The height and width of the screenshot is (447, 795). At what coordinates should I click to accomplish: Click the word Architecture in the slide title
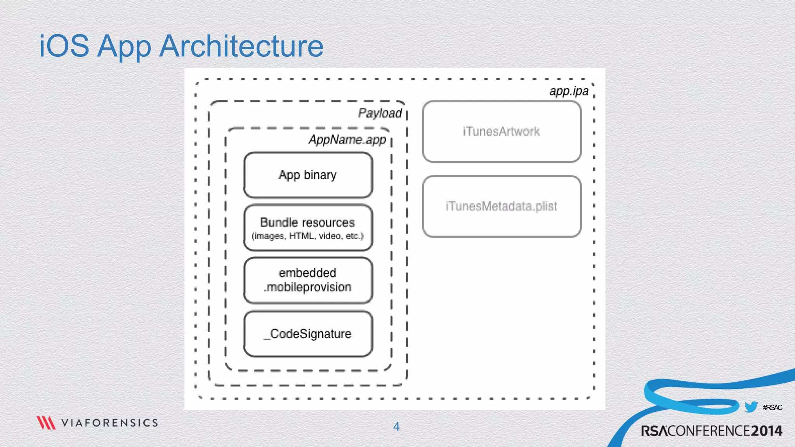tap(241, 46)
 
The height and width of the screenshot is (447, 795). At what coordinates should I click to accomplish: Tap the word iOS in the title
tap(64, 46)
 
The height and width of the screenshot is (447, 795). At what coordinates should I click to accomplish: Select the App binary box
tap(308, 175)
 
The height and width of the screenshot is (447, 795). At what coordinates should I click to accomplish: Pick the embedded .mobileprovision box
tap(308, 280)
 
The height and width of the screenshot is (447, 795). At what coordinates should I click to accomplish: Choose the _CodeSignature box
tap(308, 334)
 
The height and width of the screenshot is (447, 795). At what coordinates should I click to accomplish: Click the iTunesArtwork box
tap(502, 132)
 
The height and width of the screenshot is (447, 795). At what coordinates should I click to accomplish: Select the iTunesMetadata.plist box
tap(502, 206)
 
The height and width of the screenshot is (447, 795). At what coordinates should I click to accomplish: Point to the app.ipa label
tap(569, 91)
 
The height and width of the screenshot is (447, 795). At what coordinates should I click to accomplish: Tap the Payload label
tap(380, 113)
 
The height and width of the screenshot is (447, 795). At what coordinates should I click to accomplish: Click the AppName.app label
tap(347, 139)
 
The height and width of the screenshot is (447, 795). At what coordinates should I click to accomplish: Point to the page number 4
tap(396, 426)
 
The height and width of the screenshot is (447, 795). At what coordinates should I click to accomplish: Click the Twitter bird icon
tap(751, 407)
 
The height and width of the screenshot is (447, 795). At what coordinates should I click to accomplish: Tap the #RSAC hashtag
tap(772, 407)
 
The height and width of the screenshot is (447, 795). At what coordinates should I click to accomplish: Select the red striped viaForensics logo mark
tap(46, 423)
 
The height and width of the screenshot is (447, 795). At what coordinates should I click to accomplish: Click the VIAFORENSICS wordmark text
tap(109, 423)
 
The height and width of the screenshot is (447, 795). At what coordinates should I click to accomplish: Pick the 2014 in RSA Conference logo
tap(766, 431)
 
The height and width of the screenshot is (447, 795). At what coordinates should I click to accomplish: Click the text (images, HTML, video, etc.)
tap(308, 236)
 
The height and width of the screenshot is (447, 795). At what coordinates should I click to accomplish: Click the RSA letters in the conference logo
tap(654, 431)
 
